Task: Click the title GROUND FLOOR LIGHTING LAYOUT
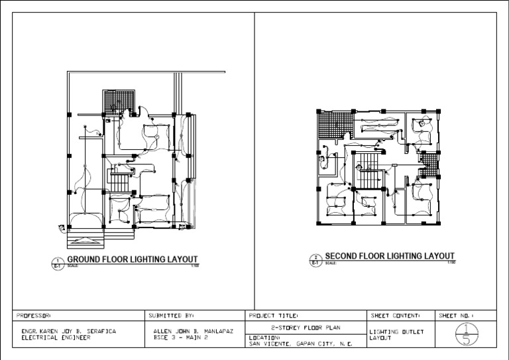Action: [x=132, y=259]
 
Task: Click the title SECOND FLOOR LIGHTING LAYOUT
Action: [x=389, y=256]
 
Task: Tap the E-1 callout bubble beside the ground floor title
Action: [x=58, y=264]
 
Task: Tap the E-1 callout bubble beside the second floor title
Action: [x=315, y=260]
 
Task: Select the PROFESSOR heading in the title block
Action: [x=33, y=316]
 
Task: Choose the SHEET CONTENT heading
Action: [x=395, y=316]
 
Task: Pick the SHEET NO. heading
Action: [x=458, y=316]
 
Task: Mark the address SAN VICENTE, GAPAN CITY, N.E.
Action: [x=300, y=343]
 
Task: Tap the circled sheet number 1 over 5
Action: [x=466, y=334]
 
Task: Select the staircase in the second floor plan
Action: [x=368, y=171]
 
